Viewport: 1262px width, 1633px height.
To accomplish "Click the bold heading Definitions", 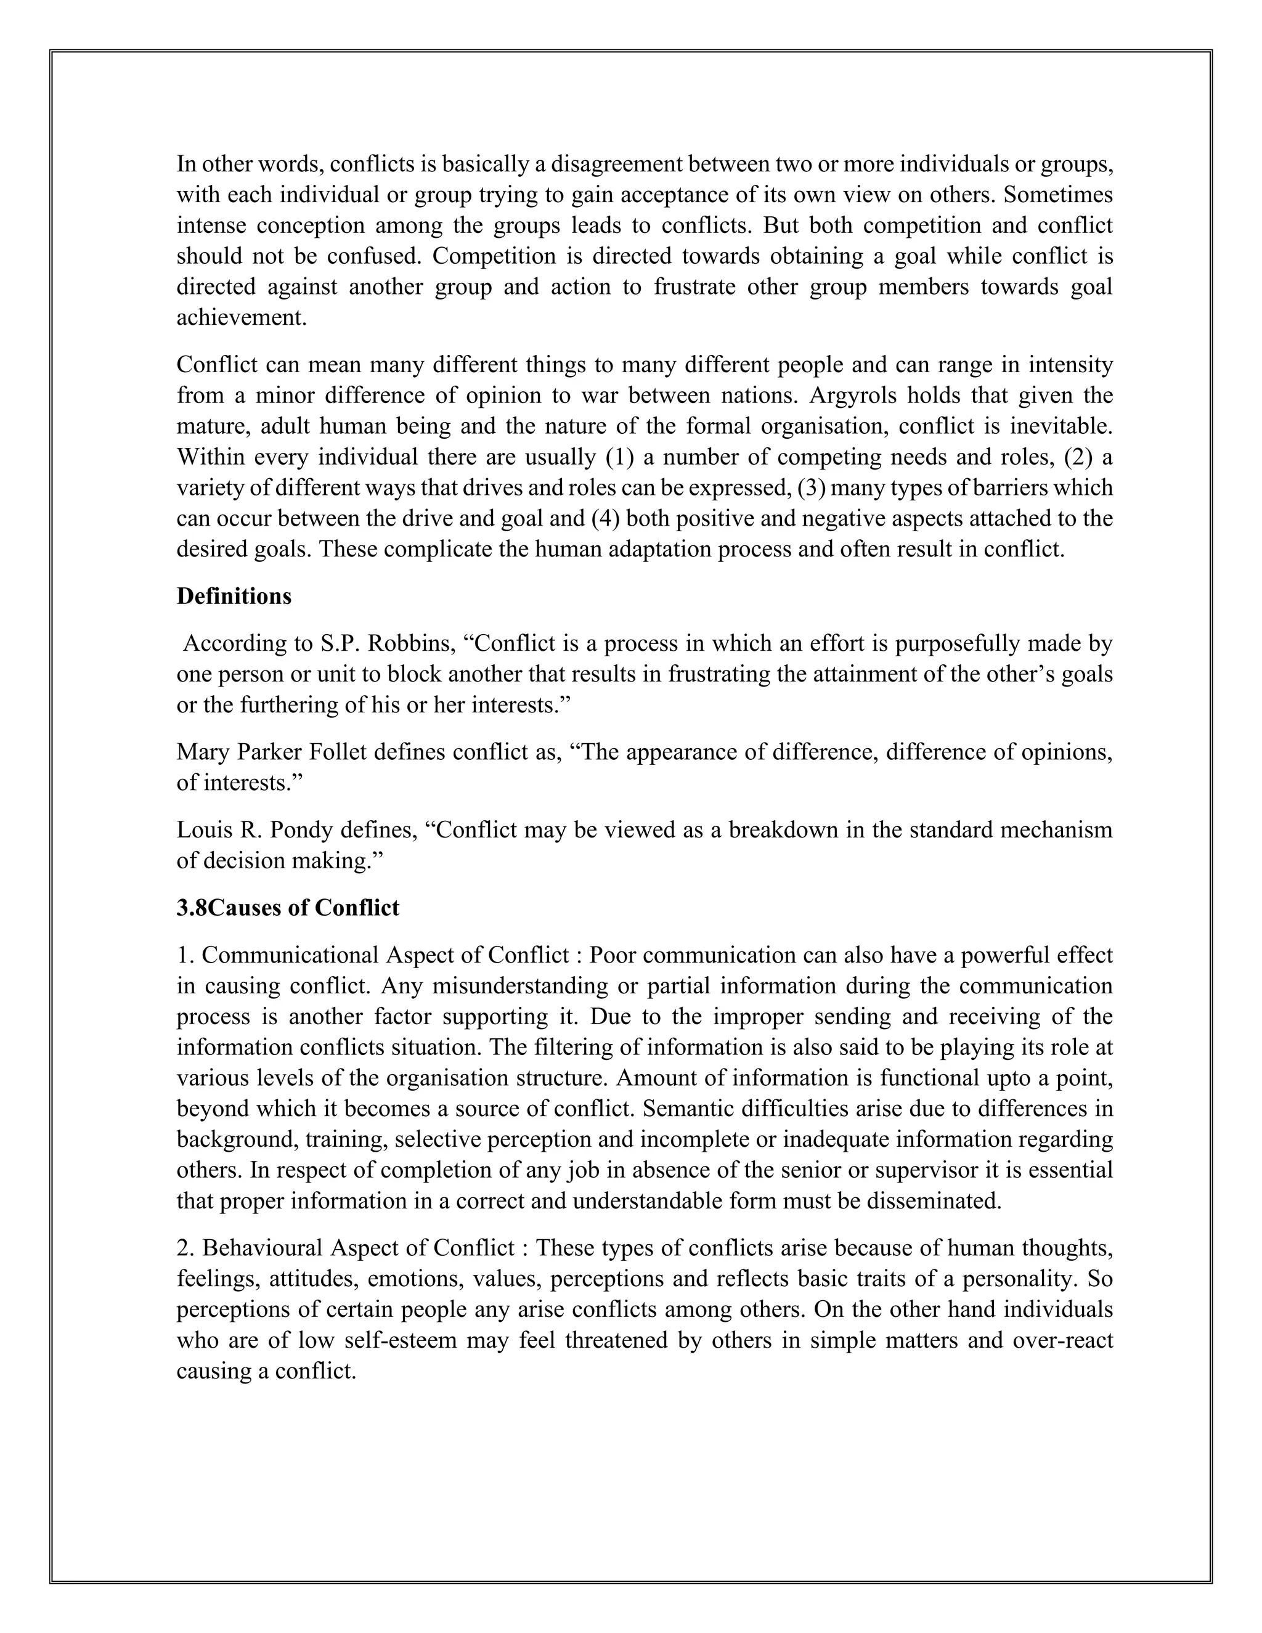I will (x=234, y=597).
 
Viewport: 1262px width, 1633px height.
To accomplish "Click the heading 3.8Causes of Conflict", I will (x=288, y=908).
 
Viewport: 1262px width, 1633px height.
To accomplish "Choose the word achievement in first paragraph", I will (x=241, y=318).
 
